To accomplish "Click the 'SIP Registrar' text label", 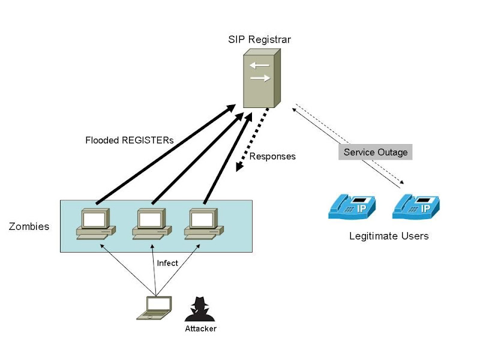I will click(x=259, y=40).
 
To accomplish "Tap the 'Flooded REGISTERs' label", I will click(x=129, y=140).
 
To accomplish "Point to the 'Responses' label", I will click(x=272, y=157).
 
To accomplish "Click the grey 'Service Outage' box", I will click(x=375, y=152).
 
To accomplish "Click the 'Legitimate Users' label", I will click(x=389, y=236).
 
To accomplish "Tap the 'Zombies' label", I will click(x=29, y=227).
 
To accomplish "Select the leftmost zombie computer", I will click(x=94, y=224).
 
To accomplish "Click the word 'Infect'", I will click(x=167, y=263).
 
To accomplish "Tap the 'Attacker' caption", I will click(x=200, y=329).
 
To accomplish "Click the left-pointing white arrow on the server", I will click(x=259, y=65).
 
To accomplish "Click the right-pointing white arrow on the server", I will click(x=260, y=78).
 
